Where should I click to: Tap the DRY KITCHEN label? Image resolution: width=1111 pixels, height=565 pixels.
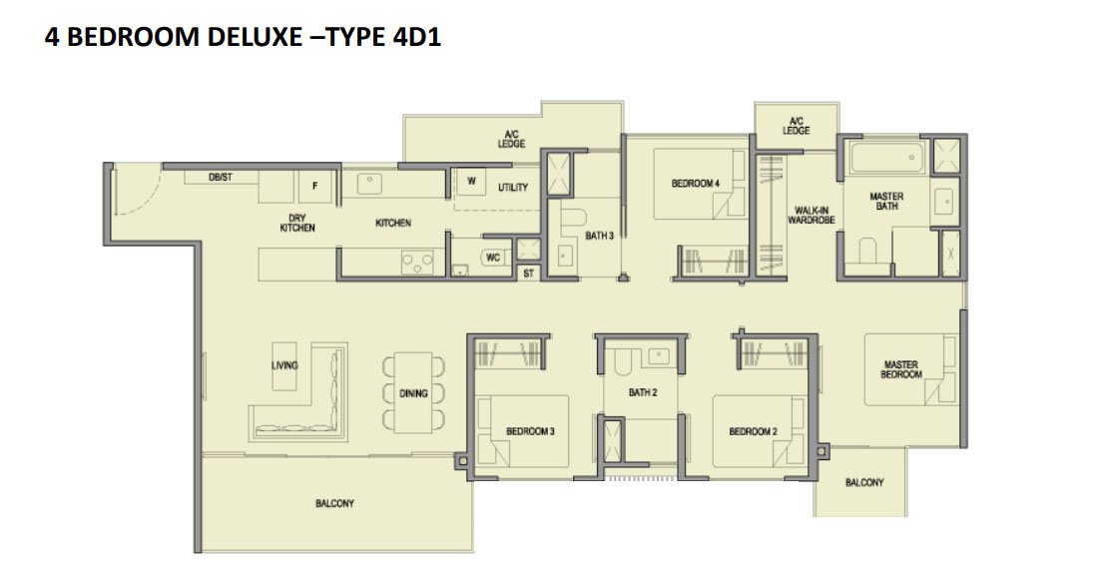tap(297, 224)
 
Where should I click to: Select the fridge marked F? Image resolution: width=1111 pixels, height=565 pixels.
tap(315, 187)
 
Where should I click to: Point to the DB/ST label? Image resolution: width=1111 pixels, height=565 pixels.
tap(221, 178)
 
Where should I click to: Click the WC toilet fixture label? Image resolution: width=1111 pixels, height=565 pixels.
tap(493, 258)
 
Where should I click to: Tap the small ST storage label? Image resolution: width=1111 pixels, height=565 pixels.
tap(529, 274)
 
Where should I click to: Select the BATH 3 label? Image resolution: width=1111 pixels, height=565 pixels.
tap(600, 236)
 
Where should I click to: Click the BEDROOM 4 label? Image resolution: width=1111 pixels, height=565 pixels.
tap(696, 184)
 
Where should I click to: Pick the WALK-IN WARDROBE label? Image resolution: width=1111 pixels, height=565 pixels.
tap(812, 216)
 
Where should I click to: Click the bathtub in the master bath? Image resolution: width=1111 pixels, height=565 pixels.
tap(886, 157)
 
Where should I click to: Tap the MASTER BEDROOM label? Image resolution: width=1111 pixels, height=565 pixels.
tap(901, 369)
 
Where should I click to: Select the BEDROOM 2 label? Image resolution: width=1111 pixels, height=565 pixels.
tap(754, 431)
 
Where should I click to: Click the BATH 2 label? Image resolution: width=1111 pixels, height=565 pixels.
tap(643, 392)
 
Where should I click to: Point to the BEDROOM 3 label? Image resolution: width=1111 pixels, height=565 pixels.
tap(530, 431)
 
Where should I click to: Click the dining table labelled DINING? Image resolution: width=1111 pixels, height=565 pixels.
tap(414, 392)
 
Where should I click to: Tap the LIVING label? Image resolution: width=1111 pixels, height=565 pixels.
tap(284, 365)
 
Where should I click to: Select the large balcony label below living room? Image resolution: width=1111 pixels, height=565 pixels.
tap(334, 503)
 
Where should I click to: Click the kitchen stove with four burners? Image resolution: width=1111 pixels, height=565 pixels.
tap(417, 263)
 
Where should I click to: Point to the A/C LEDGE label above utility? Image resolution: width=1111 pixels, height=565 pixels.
tap(511, 138)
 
